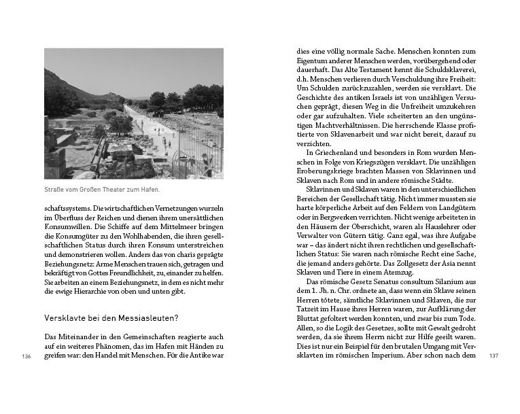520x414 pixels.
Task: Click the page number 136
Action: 27,356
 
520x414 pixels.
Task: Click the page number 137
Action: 494,356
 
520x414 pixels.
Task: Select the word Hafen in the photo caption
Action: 156,190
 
